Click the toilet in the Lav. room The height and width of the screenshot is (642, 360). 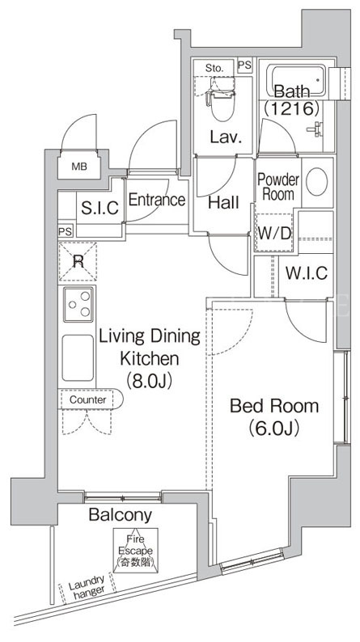pyautogui.click(x=222, y=99)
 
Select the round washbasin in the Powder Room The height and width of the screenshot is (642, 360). pyautogui.click(x=316, y=181)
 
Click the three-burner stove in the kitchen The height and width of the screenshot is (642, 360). pyautogui.click(x=78, y=304)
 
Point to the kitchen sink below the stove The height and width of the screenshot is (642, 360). pyautogui.click(x=78, y=357)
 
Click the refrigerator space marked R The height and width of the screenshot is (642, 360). pyautogui.click(x=78, y=261)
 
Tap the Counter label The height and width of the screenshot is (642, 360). pyautogui.click(x=87, y=399)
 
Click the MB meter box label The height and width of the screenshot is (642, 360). pyautogui.click(x=79, y=167)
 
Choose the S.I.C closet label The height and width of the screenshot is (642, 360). pyautogui.click(x=100, y=208)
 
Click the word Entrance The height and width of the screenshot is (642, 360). pyautogui.click(x=157, y=200)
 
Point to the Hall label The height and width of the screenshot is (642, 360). pyautogui.click(x=223, y=202)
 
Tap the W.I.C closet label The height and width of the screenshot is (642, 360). pyautogui.click(x=307, y=272)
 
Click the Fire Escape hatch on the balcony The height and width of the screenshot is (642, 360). pyautogui.click(x=136, y=550)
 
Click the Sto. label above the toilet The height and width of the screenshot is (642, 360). pyautogui.click(x=214, y=68)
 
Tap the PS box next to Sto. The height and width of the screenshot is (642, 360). pyautogui.click(x=245, y=65)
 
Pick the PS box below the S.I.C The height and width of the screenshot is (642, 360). pyautogui.click(x=65, y=231)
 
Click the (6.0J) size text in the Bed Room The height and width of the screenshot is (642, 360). pyautogui.click(x=273, y=429)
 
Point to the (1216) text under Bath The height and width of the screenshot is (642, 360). pyautogui.click(x=291, y=108)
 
